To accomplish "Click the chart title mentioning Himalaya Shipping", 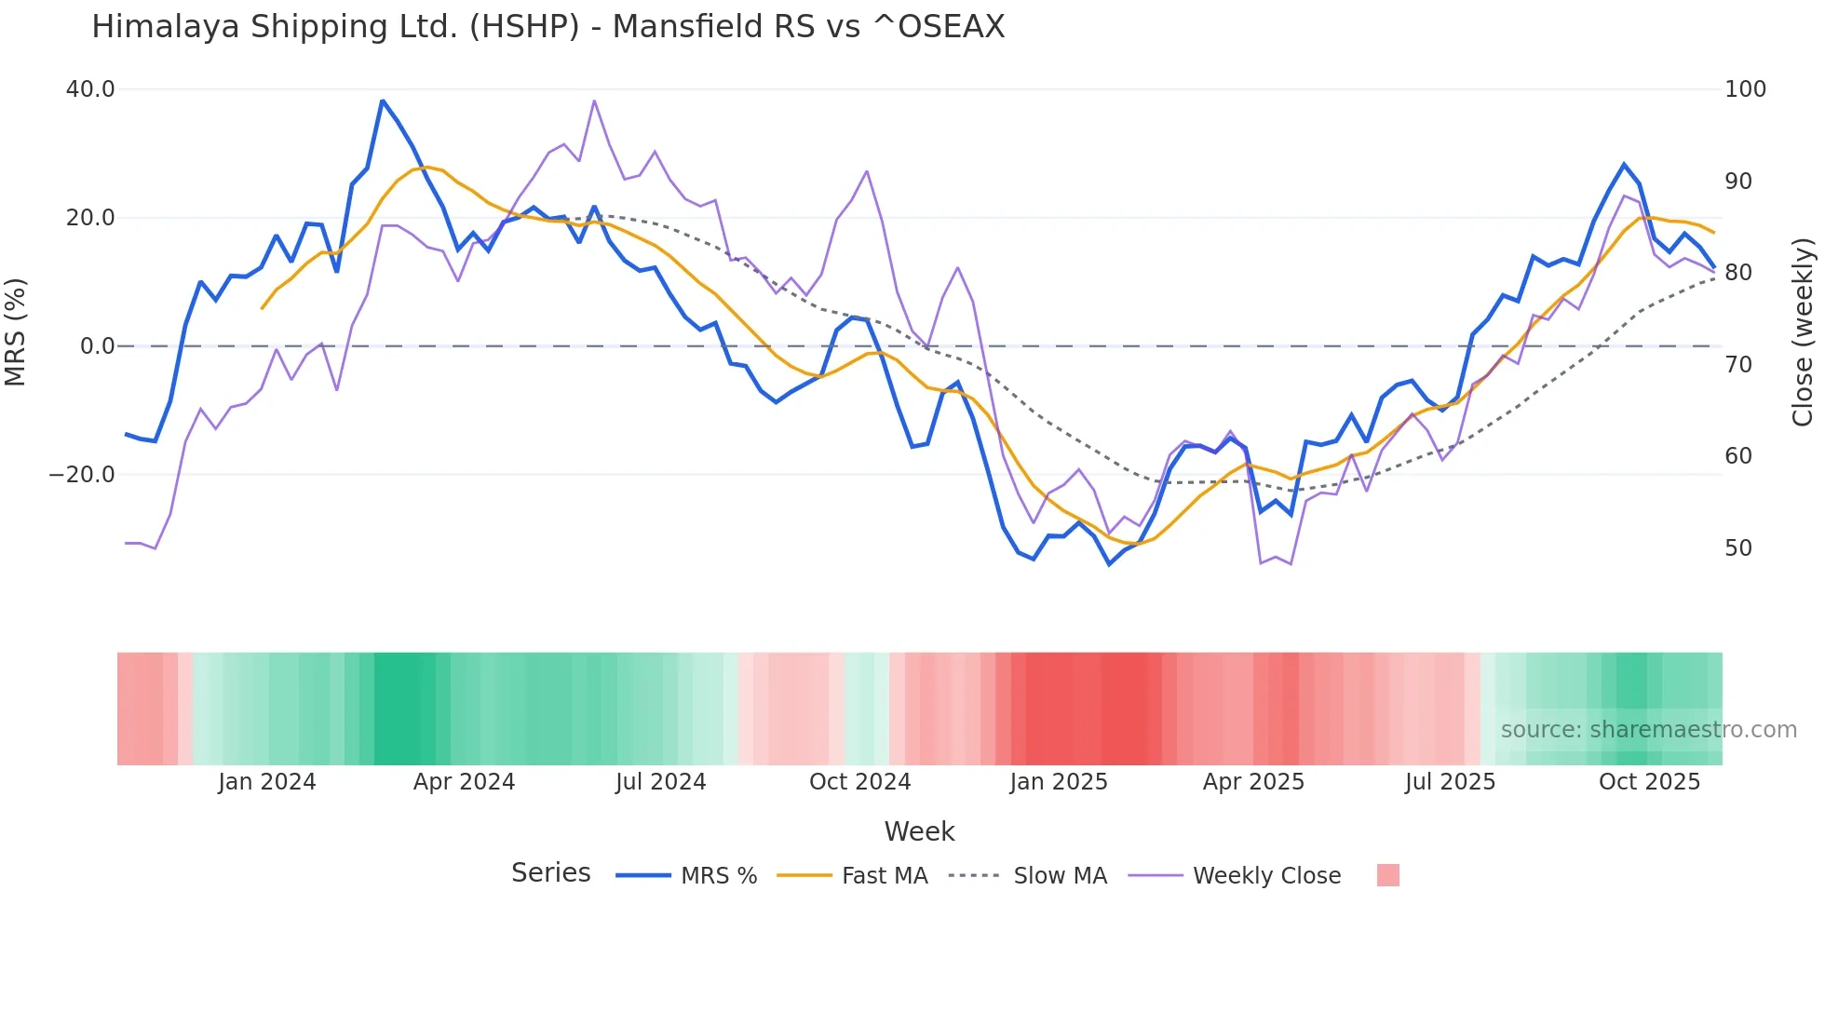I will pos(547,27).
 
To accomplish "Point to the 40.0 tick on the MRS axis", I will pos(90,89).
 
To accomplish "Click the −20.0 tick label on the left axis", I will pos(82,475).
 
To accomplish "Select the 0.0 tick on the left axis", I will pos(97,346).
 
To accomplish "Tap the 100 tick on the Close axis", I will pos(1745,89).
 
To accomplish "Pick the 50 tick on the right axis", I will pos(1738,548).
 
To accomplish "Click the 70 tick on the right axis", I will pos(1738,365).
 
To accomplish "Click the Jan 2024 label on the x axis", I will pos(267,782).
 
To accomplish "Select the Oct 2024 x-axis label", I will pos(859,782).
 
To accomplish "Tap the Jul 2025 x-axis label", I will pos(1450,782).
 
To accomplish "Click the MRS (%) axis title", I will pos(16,331).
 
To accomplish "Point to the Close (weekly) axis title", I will pos(1804,331).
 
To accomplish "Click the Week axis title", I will pos(919,831).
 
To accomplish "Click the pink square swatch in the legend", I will pos(1387,875).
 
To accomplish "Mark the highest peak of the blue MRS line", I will pos(383,101).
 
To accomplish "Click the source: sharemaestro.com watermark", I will pos(1648,730).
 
